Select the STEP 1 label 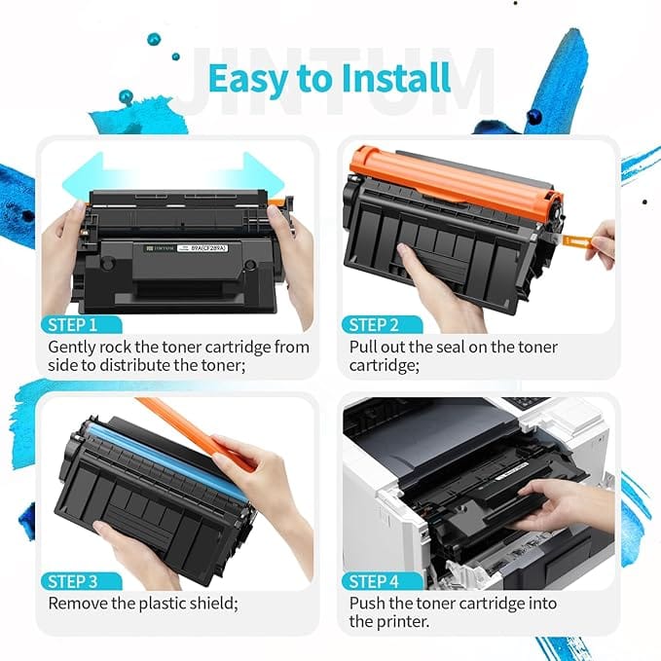click(x=72, y=325)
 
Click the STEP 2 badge click(x=374, y=325)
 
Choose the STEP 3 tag click(x=72, y=582)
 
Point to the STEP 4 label click(x=374, y=582)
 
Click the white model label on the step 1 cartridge click(x=202, y=248)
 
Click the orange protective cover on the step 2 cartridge click(x=457, y=181)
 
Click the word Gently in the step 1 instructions click(x=72, y=348)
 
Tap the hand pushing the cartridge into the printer click(x=561, y=506)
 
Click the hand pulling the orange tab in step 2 click(x=603, y=244)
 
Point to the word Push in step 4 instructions click(x=367, y=604)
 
